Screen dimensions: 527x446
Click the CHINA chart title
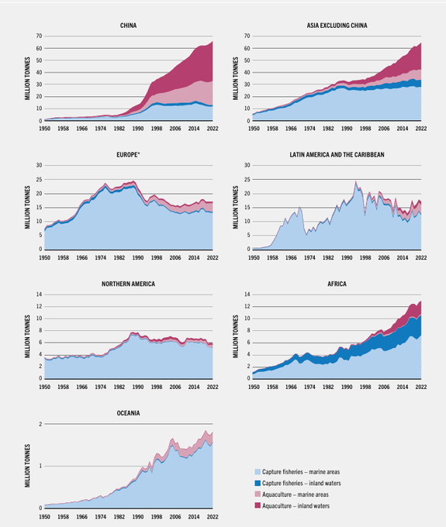point(129,26)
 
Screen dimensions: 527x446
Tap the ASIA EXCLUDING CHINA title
point(337,26)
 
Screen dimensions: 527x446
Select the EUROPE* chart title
point(129,154)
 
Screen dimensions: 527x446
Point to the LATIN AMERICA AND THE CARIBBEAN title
point(337,154)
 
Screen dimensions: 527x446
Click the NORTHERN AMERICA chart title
point(129,284)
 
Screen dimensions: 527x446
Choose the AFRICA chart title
point(337,284)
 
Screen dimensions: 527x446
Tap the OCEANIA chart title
point(129,413)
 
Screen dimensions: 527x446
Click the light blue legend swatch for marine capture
point(257,471)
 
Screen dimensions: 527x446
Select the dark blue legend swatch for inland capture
point(257,482)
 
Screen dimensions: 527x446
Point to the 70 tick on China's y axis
point(37,36)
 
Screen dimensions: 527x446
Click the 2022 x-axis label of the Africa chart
point(420,386)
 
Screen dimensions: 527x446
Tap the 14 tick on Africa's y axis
point(246,295)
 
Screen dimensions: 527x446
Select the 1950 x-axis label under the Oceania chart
point(45,515)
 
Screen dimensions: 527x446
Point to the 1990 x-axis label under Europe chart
point(138,257)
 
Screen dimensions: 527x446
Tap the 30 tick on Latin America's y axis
point(246,166)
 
